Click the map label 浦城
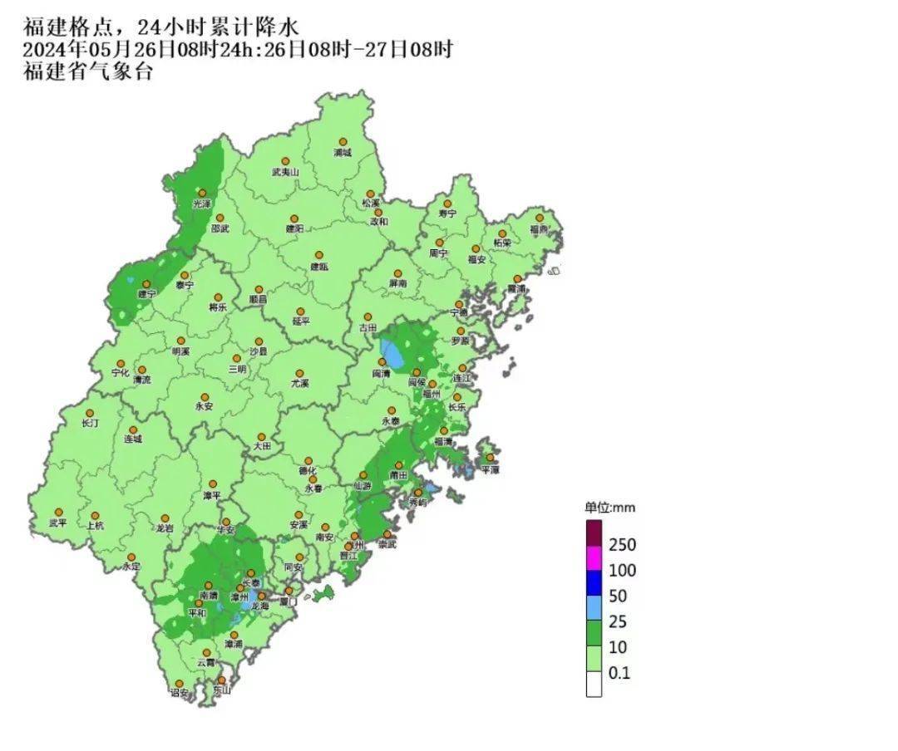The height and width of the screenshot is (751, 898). (x=343, y=153)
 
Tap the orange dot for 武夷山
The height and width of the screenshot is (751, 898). (x=285, y=161)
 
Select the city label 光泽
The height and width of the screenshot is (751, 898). (x=202, y=204)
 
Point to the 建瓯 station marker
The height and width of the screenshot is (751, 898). (x=318, y=256)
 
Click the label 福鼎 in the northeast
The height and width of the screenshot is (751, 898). (x=540, y=228)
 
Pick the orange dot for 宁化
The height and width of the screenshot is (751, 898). (x=121, y=363)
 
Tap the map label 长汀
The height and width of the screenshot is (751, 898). (x=90, y=424)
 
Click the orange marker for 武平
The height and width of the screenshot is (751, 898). (x=58, y=513)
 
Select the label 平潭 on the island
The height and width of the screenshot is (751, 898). (x=490, y=469)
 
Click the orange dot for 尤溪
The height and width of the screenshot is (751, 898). (x=301, y=373)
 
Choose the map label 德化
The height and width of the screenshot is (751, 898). (x=308, y=471)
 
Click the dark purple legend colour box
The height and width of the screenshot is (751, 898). (x=594, y=533)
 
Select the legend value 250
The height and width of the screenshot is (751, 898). (x=622, y=545)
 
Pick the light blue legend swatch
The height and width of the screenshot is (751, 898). (x=594, y=608)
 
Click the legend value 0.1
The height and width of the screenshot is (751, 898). (x=619, y=673)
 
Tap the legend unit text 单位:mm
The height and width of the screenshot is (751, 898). (x=609, y=508)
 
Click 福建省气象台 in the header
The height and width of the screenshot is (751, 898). (x=88, y=72)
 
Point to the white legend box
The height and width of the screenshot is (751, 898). (x=594, y=685)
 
